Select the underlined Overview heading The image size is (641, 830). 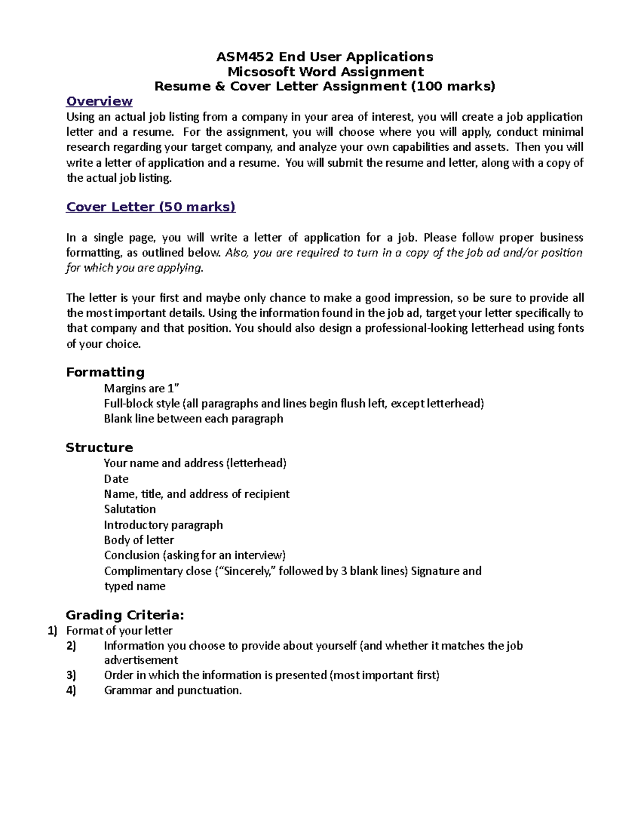(x=99, y=102)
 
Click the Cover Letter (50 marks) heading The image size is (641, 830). (x=150, y=207)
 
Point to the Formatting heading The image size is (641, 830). (x=105, y=372)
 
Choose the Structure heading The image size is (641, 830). (x=99, y=447)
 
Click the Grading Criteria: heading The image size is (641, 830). (x=124, y=615)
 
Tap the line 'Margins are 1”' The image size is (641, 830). (x=142, y=388)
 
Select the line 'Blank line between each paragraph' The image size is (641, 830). (x=193, y=418)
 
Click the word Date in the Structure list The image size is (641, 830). (x=116, y=479)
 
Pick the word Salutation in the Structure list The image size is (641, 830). (x=130, y=509)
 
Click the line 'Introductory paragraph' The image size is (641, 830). (x=163, y=525)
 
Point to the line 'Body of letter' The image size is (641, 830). (x=139, y=540)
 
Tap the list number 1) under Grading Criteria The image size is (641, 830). (x=52, y=631)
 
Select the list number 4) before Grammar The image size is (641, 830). (x=71, y=691)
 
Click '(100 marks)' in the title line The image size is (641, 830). (x=452, y=87)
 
